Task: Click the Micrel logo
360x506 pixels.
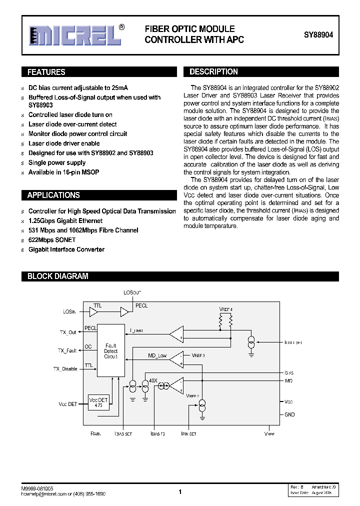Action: [75, 35]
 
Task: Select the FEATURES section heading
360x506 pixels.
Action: [46, 72]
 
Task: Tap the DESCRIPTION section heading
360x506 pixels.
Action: [213, 72]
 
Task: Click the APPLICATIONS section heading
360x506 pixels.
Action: [53, 195]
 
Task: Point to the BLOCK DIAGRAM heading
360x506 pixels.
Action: [57, 276]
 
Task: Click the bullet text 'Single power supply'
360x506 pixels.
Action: [57, 162]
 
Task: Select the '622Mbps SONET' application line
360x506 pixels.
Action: [52, 240]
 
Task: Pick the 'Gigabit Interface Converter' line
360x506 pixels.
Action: [66, 249]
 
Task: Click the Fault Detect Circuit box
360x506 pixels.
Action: [110, 350]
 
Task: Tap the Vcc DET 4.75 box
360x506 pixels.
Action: [98, 402]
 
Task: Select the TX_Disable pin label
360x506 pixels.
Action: [65, 369]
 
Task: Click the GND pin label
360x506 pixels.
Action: [289, 414]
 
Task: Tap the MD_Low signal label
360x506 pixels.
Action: [157, 355]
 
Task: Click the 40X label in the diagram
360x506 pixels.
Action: [152, 380]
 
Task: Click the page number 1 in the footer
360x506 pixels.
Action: [180, 492]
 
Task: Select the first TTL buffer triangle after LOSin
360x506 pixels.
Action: [93, 312]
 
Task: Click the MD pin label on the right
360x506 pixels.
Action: [288, 381]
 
